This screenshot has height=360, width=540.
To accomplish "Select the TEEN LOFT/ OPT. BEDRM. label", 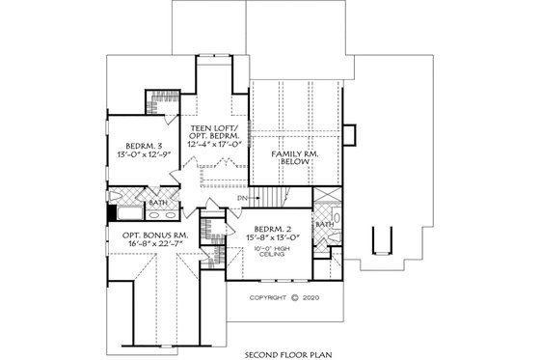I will point(213,130).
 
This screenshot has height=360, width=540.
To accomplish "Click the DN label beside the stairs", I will point(242,198).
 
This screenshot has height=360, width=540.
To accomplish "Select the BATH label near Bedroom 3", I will point(157,202).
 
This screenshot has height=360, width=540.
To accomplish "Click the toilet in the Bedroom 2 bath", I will point(324,241).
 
